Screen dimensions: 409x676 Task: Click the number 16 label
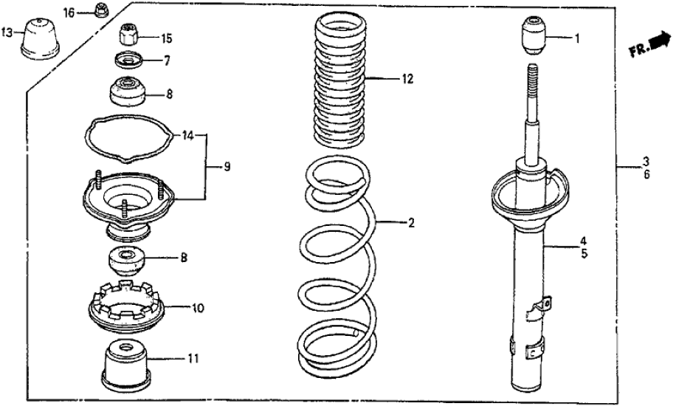(x=69, y=13)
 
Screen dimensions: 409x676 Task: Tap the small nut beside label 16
(x=100, y=10)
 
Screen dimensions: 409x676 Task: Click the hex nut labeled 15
(x=130, y=35)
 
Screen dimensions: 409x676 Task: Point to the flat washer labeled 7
(x=128, y=60)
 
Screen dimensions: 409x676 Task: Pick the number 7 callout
(x=167, y=59)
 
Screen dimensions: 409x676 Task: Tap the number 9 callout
(x=227, y=168)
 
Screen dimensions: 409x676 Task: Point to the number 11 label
(x=193, y=360)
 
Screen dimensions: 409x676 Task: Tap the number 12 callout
(x=407, y=78)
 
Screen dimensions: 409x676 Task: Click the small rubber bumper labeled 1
(x=534, y=35)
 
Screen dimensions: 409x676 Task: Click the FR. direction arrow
(x=648, y=49)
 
